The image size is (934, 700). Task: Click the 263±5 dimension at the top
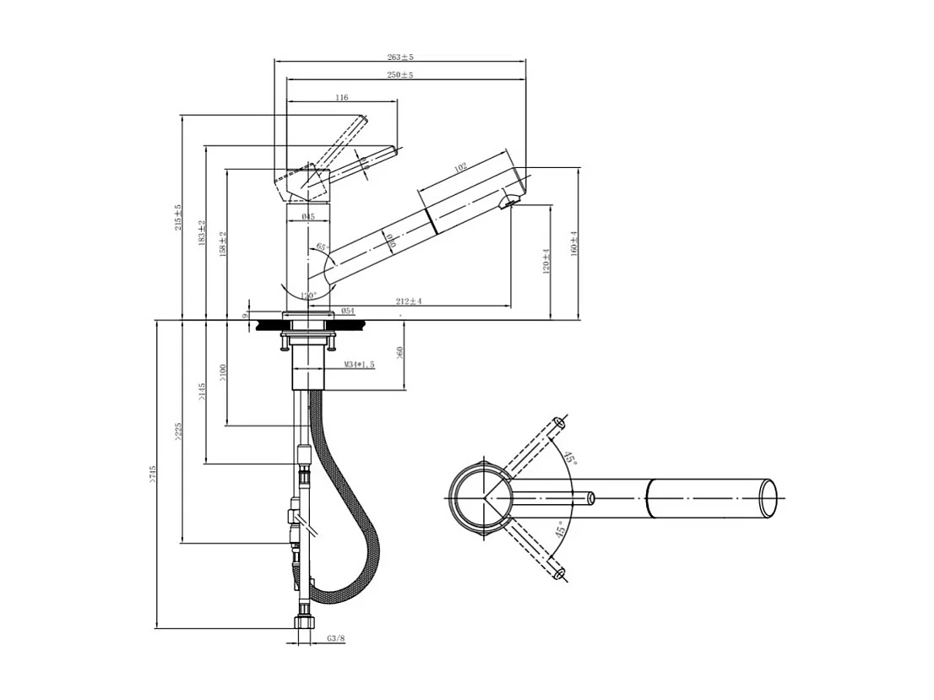click(400, 57)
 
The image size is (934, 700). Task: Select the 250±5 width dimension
click(400, 75)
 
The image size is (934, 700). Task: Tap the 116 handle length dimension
click(341, 98)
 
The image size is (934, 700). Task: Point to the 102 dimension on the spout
click(460, 168)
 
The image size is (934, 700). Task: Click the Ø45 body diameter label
click(307, 217)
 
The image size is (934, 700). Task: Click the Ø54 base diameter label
click(347, 311)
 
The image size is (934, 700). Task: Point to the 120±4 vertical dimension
click(546, 262)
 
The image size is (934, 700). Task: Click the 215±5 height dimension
click(178, 217)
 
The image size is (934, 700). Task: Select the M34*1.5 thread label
click(359, 364)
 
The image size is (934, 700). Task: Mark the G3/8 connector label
click(336, 639)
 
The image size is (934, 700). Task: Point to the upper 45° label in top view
click(570, 459)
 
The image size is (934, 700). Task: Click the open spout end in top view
click(768, 498)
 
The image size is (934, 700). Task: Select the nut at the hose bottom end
click(305, 623)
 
